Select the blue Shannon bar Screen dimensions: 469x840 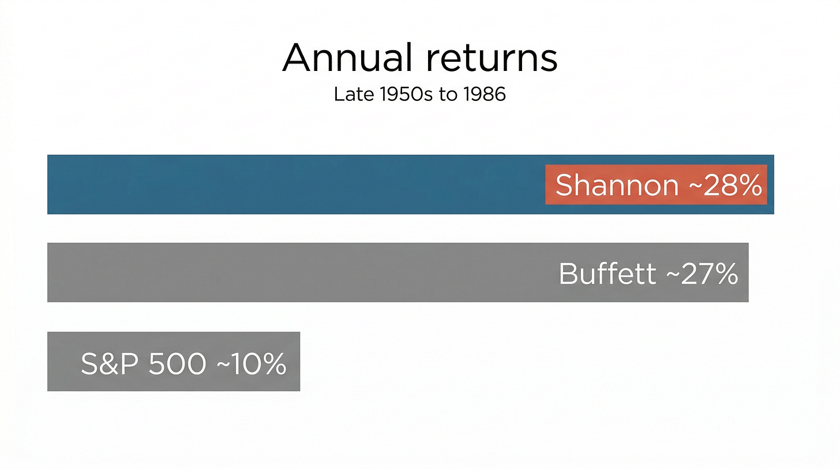[288, 185]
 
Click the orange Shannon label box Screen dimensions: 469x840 [656, 185]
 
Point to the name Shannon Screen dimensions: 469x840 [616, 186]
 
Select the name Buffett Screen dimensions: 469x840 [607, 273]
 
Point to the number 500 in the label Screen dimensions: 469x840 [177, 363]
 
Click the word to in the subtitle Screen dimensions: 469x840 [448, 94]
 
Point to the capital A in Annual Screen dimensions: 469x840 [297, 58]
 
